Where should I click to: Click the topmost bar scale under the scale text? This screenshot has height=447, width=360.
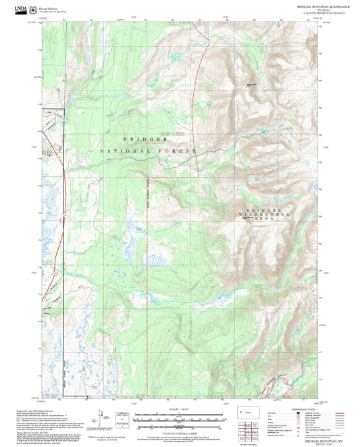(180, 413)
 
